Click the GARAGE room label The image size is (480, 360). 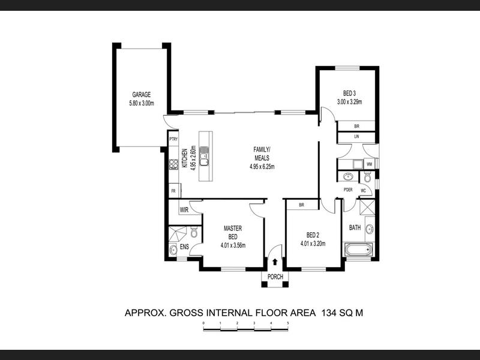pyautogui.click(x=142, y=95)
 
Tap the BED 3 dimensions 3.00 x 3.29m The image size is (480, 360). pyautogui.click(x=349, y=102)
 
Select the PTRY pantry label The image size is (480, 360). pyautogui.click(x=173, y=139)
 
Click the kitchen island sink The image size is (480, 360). pyautogui.click(x=204, y=156)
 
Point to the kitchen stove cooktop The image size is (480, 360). pyautogui.click(x=173, y=164)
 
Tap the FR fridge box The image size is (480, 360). pyautogui.click(x=173, y=191)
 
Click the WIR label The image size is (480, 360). pyautogui.click(x=184, y=211)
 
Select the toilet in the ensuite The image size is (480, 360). pyautogui.click(x=194, y=232)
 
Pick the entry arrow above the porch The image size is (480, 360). pyautogui.click(x=275, y=262)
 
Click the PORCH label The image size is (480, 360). pyautogui.click(x=275, y=277)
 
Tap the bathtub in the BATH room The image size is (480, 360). pyautogui.click(x=359, y=250)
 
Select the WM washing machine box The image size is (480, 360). pyautogui.click(x=369, y=164)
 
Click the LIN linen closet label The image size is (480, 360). pyautogui.click(x=356, y=137)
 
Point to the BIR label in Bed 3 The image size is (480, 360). pyautogui.click(x=356, y=126)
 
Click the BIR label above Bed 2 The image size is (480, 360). pyautogui.click(x=302, y=205)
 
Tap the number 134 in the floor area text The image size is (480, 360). pyautogui.click(x=329, y=313)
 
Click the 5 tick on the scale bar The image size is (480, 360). pyautogui.click(x=288, y=323)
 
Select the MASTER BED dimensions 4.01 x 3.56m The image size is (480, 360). pyautogui.click(x=233, y=245)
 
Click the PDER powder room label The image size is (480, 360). pyautogui.click(x=348, y=190)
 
